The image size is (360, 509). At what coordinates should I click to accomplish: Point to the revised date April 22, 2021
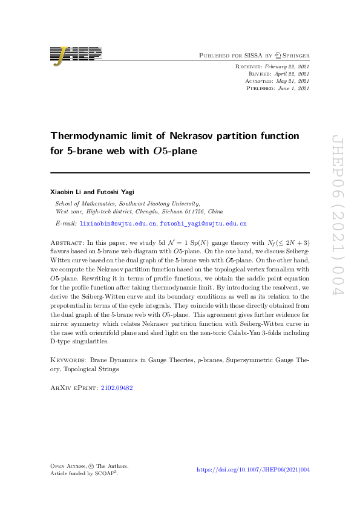coord(293,74)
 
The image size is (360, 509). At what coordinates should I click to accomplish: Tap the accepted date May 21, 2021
coord(293,81)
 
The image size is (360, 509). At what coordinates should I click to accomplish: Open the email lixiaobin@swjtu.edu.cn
coord(119,224)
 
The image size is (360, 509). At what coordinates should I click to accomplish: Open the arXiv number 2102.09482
coord(117,388)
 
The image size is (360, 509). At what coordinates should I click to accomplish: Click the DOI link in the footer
coord(254,470)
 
